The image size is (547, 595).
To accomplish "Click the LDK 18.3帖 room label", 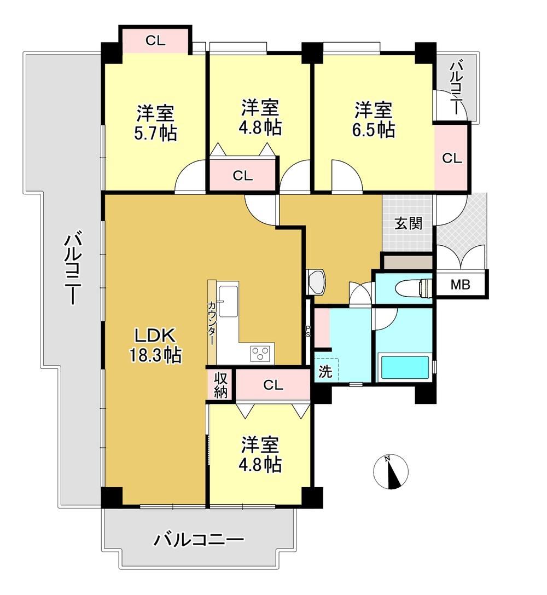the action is (x=155, y=345).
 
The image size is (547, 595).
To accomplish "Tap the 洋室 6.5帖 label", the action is (x=374, y=119).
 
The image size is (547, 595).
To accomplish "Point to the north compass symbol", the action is (x=391, y=471).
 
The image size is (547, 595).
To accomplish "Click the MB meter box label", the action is (x=460, y=284).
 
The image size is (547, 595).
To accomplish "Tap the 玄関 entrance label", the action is (x=408, y=223).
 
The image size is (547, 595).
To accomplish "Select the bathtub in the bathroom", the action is (x=405, y=367).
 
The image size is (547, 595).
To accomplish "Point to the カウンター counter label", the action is (x=211, y=322).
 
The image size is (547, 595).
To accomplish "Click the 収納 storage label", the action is (x=220, y=385).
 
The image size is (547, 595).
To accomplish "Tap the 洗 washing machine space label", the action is (x=325, y=372).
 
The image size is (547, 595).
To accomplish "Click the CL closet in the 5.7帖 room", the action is (x=155, y=40).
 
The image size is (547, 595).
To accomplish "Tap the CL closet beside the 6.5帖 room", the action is (x=452, y=158).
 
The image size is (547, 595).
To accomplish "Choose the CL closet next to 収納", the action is (x=273, y=385).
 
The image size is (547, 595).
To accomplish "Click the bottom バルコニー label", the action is (x=199, y=539).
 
